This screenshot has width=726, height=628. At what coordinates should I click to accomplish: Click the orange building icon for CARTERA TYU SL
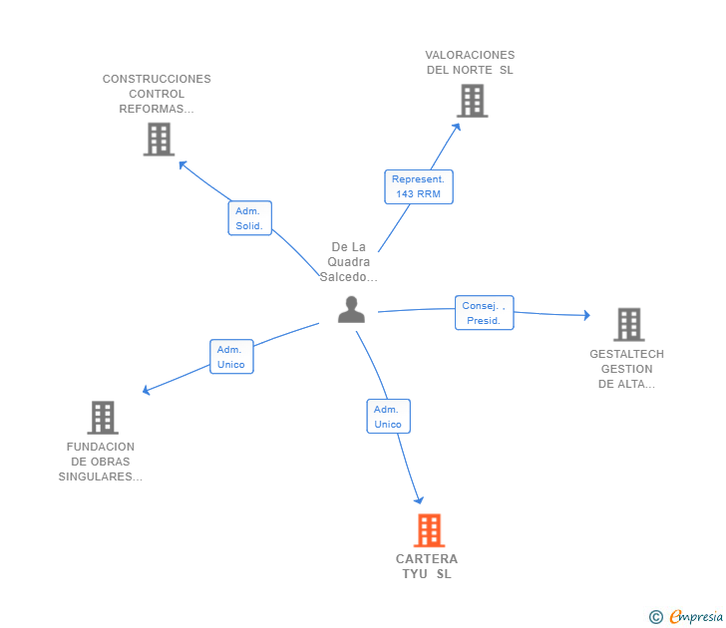[429, 530]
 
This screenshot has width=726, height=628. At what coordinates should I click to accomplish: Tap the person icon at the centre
[351, 310]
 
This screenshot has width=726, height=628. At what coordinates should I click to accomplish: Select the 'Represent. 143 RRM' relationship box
[419, 187]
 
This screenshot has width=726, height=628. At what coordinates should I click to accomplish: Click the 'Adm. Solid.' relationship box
[250, 218]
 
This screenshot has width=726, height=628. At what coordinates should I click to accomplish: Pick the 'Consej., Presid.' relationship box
[485, 313]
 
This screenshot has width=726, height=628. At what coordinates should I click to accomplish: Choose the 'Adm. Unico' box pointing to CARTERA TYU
[389, 417]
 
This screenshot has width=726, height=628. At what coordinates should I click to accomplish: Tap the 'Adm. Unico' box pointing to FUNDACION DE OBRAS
[231, 357]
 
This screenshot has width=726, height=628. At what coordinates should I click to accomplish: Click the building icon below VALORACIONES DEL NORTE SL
[473, 101]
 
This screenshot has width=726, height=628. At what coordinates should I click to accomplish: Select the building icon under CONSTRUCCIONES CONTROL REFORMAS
[159, 140]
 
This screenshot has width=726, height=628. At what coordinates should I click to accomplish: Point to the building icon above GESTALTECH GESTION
[629, 324]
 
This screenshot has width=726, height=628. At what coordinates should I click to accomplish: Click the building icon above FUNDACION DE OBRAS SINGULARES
[103, 418]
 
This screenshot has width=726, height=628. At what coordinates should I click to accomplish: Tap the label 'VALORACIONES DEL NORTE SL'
[470, 63]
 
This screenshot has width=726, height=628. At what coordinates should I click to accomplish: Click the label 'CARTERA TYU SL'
[427, 566]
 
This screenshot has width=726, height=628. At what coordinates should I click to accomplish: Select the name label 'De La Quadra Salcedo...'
[349, 262]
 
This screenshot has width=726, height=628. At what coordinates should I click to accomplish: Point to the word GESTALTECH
[627, 354]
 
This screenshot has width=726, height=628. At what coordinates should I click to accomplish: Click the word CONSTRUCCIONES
[157, 79]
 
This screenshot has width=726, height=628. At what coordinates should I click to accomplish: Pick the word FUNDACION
[101, 447]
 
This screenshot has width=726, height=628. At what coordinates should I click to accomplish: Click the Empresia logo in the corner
[686, 617]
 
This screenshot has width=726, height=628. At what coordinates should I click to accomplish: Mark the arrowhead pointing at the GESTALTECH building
[587, 315]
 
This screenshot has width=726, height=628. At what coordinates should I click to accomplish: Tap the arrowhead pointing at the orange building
[419, 500]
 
